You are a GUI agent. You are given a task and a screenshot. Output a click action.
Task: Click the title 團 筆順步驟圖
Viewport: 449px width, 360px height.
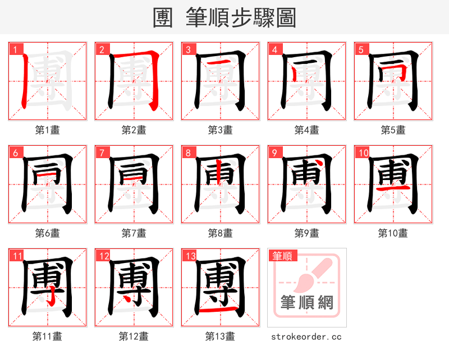(224, 18)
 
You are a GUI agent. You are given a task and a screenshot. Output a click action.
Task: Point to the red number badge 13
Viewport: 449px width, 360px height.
(190, 256)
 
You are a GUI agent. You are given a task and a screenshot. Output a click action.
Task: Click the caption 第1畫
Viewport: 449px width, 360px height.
(47, 130)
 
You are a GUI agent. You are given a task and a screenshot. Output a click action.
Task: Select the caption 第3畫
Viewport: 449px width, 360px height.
(220, 130)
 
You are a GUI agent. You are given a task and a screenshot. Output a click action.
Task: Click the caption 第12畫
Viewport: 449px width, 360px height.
(134, 336)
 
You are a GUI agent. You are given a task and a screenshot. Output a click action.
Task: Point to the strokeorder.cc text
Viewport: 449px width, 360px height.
(306, 336)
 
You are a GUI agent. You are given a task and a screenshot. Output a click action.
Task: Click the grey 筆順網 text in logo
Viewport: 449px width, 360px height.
(306, 303)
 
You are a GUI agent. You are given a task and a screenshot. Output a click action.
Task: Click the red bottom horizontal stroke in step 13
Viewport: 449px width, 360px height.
(219, 310)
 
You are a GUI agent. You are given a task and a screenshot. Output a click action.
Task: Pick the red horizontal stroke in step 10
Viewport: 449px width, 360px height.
(392, 190)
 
